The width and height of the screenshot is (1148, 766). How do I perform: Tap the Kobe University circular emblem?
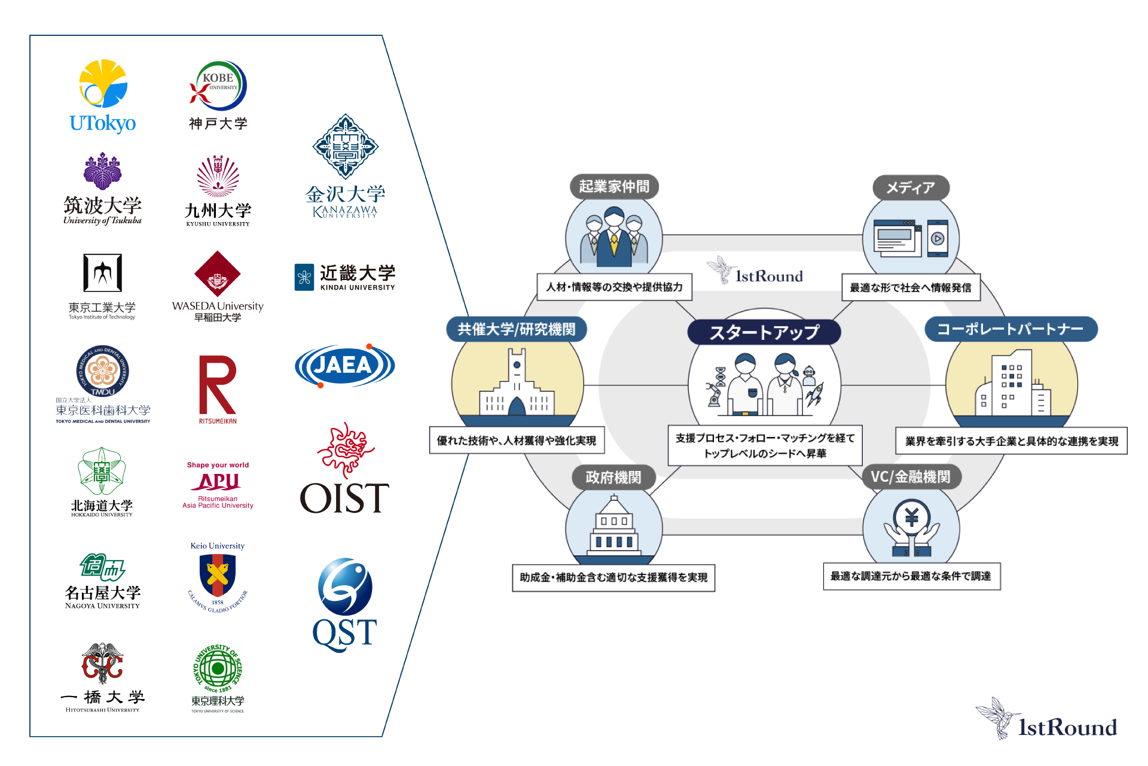tap(218, 86)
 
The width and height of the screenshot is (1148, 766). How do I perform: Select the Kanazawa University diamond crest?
tap(346, 147)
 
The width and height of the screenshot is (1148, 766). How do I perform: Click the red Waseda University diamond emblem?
tap(218, 275)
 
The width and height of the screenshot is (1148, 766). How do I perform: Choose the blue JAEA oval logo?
tap(344, 365)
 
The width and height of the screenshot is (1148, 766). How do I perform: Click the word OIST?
tap(344, 498)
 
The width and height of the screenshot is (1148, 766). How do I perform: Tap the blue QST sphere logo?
tap(345, 587)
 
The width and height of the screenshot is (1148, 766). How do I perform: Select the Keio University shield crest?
tap(218, 575)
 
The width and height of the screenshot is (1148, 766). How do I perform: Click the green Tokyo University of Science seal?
tap(218, 668)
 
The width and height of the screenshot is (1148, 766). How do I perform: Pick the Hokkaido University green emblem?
tap(102, 472)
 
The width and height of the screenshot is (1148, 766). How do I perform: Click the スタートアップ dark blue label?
tap(764, 332)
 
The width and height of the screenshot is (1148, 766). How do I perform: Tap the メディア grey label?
tap(911, 188)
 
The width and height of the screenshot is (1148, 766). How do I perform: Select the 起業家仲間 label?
tap(614, 187)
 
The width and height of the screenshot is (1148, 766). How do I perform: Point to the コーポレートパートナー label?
tap(1010, 329)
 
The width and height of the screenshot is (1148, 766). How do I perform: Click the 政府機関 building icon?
tap(614, 530)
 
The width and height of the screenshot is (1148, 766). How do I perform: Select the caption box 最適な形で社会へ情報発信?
tap(911, 288)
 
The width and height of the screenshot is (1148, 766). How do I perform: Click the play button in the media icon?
tap(938, 239)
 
